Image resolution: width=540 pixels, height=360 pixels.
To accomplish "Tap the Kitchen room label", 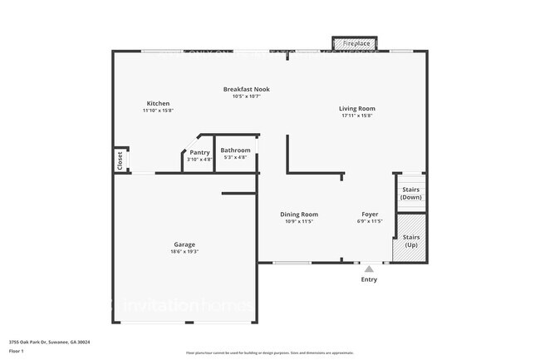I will (x=158, y=103).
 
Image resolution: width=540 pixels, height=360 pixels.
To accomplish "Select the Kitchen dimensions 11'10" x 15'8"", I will (x=158, y=111).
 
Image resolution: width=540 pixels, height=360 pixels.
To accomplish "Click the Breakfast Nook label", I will (x=246, y=89).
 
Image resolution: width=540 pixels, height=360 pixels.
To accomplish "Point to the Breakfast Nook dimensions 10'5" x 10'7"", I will (x=246, y=96).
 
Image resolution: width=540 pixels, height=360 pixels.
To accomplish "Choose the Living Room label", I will (x=356, y=108).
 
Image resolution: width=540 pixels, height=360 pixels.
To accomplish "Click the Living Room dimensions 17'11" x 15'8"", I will (x=356, y=116).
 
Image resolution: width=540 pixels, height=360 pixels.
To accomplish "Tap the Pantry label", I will (x=199, y=152).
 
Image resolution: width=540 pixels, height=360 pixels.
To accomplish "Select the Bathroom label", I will (x=235, y=150).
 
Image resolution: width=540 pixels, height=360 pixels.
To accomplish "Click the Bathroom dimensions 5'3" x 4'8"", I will (x=235, y=157).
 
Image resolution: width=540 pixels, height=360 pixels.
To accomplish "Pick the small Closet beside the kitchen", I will (x=120, y=159).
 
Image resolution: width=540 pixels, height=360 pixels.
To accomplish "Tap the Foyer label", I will (x=370, y=215).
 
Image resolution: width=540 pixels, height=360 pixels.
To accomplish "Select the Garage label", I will (x=184, y=244).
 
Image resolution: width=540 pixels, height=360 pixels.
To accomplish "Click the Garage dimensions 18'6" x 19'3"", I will (x=184, y=251).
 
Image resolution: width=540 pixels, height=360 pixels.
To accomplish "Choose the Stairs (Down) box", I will (x=411, y=193).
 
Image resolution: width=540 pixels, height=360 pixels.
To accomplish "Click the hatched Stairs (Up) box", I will (x=411, y=241).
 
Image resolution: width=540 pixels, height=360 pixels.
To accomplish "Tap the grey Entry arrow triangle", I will (x=369, y=269).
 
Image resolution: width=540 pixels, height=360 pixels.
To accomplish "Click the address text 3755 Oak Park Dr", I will (x=50, y=342).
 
